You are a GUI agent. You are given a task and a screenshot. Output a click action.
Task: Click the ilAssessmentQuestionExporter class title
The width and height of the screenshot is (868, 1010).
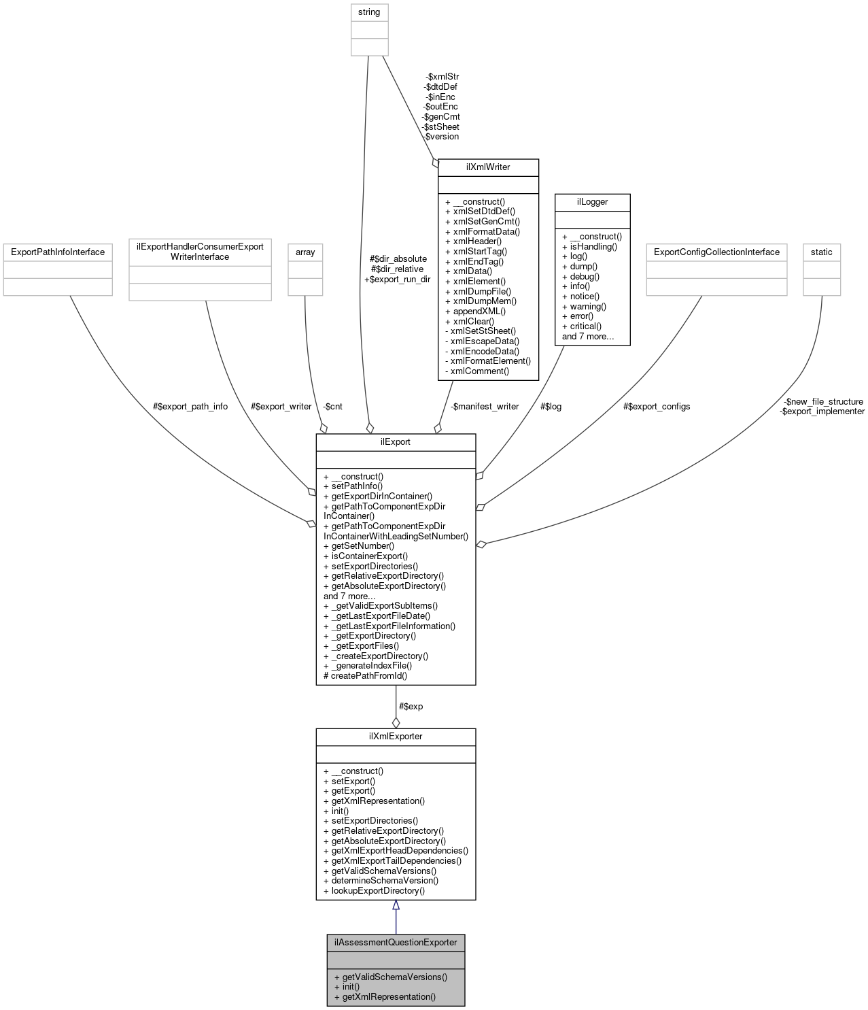point(396,942)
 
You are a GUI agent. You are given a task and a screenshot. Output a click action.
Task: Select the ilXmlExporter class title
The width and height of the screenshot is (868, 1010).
point(396,737)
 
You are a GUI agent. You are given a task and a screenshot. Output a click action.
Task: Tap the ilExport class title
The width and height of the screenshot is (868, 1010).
point(396,442)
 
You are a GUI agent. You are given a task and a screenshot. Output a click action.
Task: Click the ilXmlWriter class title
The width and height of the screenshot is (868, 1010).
point(488,167)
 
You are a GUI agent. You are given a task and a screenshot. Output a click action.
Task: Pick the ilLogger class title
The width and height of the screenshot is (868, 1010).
point(592,202)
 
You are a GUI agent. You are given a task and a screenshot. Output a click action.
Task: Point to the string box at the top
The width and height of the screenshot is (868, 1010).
point(369,12)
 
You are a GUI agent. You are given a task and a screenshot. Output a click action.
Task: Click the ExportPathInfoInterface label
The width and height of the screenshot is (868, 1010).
point(57,252)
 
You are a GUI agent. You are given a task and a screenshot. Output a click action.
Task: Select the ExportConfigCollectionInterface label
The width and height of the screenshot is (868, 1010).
point(716,252)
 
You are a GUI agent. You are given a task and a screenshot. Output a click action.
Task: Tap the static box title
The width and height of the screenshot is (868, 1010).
point(821,252)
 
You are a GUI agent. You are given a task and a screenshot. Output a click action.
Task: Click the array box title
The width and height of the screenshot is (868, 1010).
point(305,252)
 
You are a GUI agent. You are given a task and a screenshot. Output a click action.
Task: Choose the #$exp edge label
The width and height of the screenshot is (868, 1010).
point(411,707)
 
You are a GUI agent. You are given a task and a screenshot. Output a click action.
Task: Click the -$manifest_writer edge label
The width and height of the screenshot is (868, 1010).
point(485,407)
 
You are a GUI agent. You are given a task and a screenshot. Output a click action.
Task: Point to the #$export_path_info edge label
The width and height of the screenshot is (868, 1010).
point(190,407)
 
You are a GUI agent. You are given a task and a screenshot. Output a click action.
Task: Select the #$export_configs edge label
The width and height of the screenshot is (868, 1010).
point(657,407)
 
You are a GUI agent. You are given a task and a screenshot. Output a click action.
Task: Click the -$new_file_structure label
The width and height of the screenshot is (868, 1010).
point(823,402)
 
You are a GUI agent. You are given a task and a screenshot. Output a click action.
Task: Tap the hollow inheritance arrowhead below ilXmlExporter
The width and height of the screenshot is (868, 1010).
point(396,905)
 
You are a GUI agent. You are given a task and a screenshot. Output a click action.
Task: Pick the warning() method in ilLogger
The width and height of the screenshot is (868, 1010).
point(588,306)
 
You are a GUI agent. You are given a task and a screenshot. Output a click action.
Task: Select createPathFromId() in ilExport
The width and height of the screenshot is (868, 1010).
point(369,675)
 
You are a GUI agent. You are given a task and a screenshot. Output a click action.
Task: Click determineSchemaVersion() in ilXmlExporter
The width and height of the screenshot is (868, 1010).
point(385,881)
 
